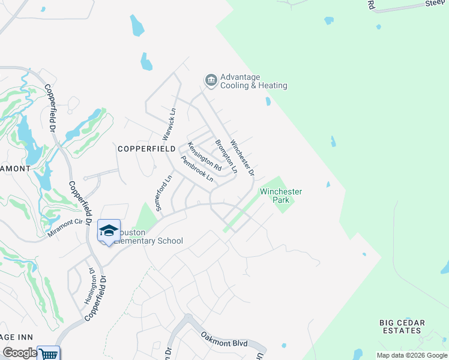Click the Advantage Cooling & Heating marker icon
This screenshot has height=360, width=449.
[210, 80]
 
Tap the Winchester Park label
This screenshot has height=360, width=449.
[280, 196]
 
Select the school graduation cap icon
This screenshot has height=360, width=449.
[109, 230]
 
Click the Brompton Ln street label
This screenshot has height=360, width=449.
[226, 157]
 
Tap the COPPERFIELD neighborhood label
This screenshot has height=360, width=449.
[146, 148]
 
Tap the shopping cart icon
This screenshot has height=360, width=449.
[48, 354]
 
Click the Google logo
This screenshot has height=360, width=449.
[19, 353]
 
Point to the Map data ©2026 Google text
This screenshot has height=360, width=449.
[412, 355]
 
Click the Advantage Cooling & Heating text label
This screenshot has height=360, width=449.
[253, 82]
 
